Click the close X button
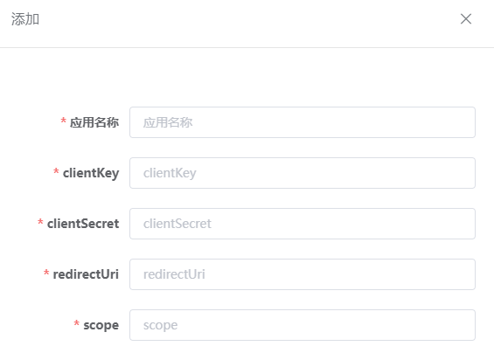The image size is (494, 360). click(x=466, y=19)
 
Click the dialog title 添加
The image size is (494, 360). click(x=25, y=19)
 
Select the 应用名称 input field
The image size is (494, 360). click(x=303, y=122)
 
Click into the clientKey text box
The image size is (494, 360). click(x=303, y=173)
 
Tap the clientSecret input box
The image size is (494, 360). click(x=303, y=224)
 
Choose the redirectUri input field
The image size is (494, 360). click(x=303, y=274)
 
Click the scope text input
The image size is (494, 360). click(x=303, y=325)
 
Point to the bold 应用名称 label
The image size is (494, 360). click(x=94, y=122)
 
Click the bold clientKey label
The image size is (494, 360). click(x=91, y=173)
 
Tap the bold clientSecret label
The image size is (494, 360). click(x=83, y=224)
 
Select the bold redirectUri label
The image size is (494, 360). click(x=86, y=274)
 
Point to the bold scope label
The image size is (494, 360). click(x=101, y=326)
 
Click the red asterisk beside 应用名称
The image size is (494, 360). click(x=63, y=121)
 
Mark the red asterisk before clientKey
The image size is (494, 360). click(x=56, y=171)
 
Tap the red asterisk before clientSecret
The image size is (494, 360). click(x=40, y=222)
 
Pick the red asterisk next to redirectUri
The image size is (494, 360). click(x=46, y=273)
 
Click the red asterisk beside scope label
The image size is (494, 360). click(x=77, y=323)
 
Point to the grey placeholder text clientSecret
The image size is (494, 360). click(x=177, y=224)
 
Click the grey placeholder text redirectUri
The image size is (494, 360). click(x=174, y=274)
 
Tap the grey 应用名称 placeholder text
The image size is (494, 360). click(x=168, y=122)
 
